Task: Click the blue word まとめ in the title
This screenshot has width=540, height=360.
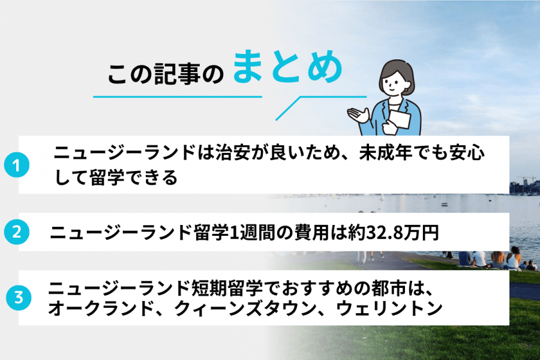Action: click(x=287, y=68)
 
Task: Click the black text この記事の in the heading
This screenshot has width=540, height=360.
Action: click(x=165, y=74)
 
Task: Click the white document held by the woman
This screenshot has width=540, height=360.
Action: click(x=398, y=120)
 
